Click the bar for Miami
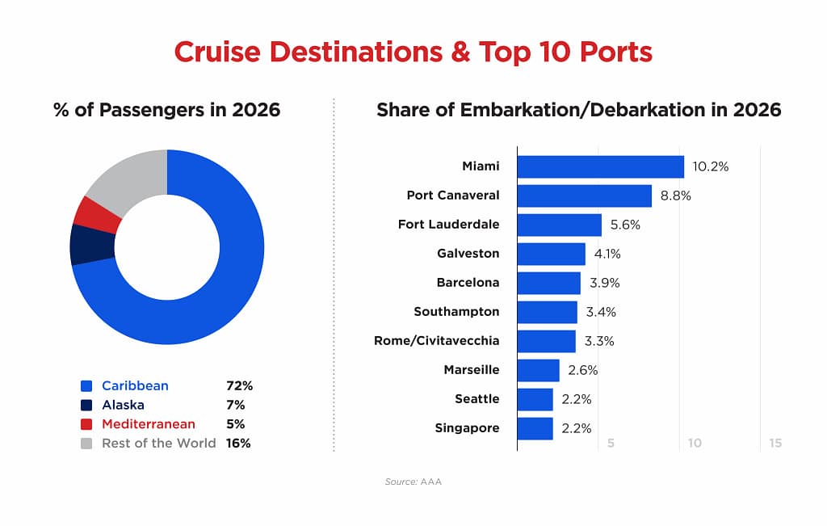(600, 166)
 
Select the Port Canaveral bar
(584, 196)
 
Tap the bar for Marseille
(538, 370)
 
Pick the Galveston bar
(551, 254)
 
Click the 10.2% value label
(711, 166)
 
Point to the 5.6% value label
(625, 225)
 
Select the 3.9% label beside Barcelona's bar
(604, 283)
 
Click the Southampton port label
(456, 312)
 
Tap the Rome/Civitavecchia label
(436, 341)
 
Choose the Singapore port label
(467, 428)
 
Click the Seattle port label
(476, 399)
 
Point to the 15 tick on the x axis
(775, 444)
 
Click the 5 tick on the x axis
(611, 444)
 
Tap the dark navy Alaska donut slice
(83, 244)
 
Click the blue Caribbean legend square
(86, 386)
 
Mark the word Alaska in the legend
(123, 405)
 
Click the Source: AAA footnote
(413, 482)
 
